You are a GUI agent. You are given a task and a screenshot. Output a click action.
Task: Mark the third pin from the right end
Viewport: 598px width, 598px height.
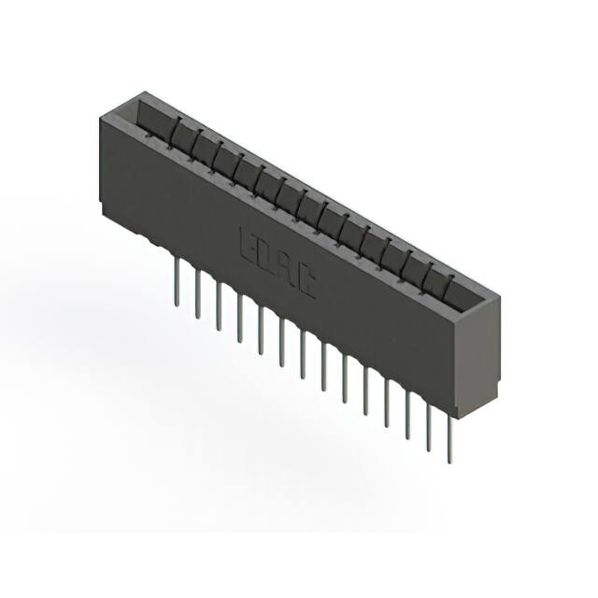tap(407, 415)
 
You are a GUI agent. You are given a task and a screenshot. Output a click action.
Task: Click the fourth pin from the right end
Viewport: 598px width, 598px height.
tap(386, 403)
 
